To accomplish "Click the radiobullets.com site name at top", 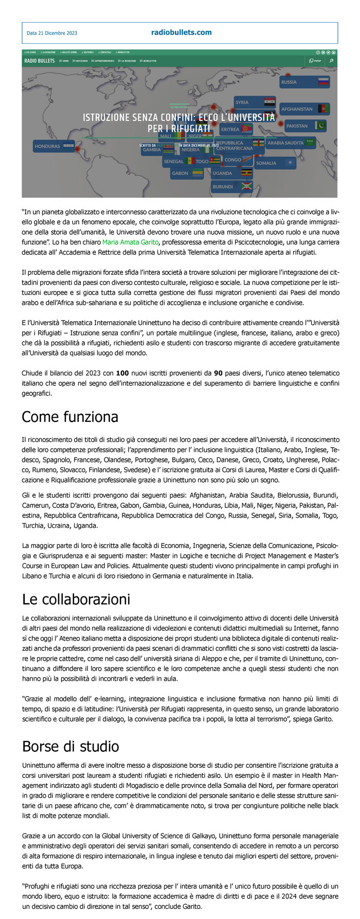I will coord(181,32).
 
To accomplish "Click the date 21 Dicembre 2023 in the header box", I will coord(52,33).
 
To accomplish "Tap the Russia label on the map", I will coord(289,82).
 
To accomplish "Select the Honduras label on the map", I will coord(47,146).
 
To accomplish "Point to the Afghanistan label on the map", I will coord(297,109).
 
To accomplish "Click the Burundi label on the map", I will coord(223,187).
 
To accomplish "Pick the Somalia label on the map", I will coord(266,163).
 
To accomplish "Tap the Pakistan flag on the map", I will coord(321,126).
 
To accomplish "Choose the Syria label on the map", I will coord(242,102).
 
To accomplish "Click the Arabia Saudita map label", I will coord(286,143).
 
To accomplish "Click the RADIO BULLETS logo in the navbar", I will coord(39,61).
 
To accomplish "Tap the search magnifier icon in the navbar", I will coord(332,61).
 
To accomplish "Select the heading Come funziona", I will coord(70,416).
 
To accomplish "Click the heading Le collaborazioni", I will coord(76,599).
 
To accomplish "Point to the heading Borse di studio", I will coord(70,746).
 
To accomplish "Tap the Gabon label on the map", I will coord(180,173).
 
